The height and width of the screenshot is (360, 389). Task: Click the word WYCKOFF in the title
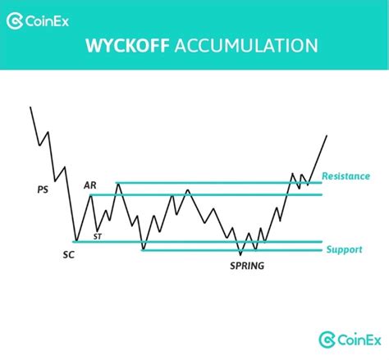(130, 47)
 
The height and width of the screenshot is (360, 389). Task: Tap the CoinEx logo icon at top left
(15, 17)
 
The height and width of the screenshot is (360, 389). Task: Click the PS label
(43, 189)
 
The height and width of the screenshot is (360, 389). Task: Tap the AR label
(89, 185)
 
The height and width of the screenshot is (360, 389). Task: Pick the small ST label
(98, 236)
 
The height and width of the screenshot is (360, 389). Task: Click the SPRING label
(247, 265)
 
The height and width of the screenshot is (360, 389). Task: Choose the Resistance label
(346, 175)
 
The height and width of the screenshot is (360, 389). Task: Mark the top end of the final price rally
(327, 136)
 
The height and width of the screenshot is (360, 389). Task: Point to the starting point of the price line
(30, 107)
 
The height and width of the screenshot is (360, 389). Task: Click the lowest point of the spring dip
(240, 254)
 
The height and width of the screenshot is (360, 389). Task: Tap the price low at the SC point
(75, 242)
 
